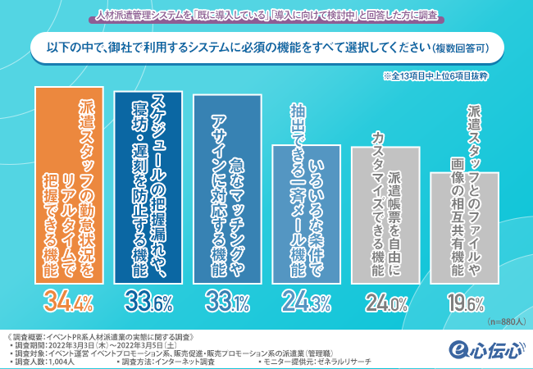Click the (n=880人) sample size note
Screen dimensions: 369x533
coord(503,321)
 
